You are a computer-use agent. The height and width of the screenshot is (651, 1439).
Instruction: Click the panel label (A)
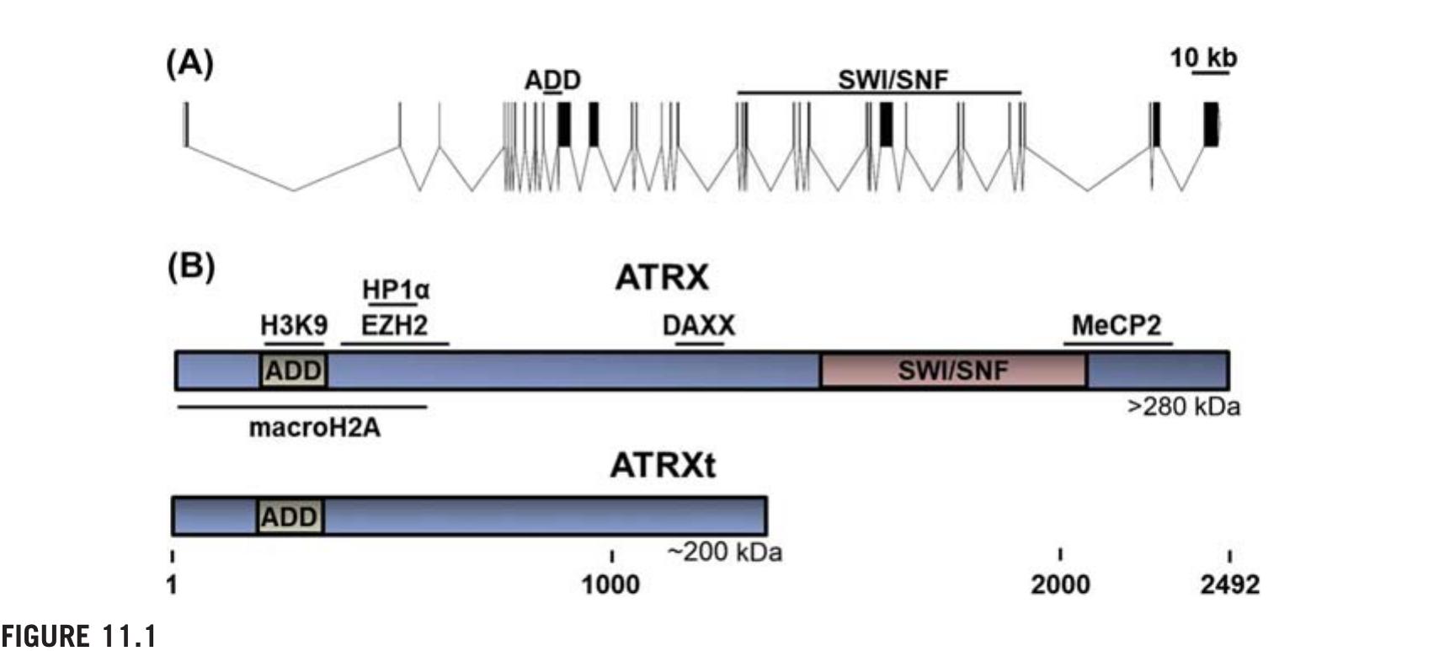pos(189,63)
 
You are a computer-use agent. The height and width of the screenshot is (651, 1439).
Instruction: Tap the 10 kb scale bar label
pos(1203,57)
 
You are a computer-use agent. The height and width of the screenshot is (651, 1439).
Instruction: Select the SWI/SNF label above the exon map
pos(893,80)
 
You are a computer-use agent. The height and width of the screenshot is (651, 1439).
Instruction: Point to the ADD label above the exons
pos(552,81)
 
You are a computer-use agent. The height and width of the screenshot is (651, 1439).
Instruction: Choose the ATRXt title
pos(663,465)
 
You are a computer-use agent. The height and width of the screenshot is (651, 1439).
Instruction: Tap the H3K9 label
pos(294,325)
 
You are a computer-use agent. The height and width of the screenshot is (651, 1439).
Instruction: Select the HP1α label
pos(395,290)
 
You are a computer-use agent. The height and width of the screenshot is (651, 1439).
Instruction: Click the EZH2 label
pos(394,325)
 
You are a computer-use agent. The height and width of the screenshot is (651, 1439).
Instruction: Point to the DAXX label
pos(698,325)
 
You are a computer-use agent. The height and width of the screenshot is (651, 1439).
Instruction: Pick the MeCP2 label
pos(1117,325)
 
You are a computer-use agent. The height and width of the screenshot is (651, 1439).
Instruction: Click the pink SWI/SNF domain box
pos(953,371)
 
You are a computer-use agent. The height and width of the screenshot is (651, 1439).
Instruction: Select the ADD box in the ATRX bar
pos(294,371)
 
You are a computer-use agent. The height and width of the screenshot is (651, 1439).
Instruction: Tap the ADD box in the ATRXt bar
pos(290,516)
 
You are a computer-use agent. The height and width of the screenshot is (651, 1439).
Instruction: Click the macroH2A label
pos(314,428)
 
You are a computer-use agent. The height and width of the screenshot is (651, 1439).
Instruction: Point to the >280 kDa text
pos(1183,407)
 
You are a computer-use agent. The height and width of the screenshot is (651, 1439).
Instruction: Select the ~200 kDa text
pos(724,552)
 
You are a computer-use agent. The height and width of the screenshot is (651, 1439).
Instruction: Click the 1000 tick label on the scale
pos(610,584)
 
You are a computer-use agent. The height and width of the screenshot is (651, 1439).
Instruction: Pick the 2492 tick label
pos(1229,584)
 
